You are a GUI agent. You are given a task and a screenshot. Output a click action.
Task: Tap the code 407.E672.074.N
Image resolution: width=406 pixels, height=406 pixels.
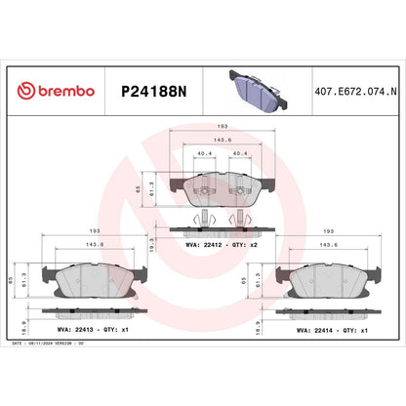tap(353, 91)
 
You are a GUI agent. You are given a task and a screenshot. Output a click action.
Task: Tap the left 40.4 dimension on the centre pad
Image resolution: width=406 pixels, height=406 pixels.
tap(203, 153)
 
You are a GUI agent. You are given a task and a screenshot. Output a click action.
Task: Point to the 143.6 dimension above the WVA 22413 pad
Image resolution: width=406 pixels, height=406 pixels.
tap(94, 245)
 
